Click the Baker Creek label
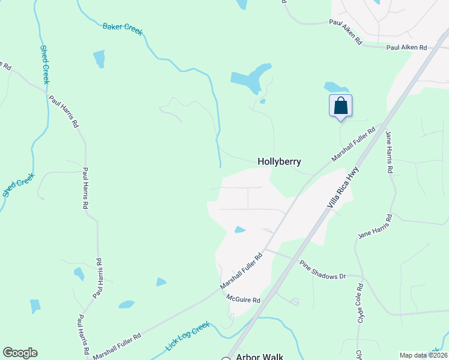tap(122, 29)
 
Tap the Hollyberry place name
tap(279, 161)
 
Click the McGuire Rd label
tap(243, 298)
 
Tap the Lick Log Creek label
tap(187, 337)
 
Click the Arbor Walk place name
tap(259, 356)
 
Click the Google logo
tap(20, 353)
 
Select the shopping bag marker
tap(340, 106)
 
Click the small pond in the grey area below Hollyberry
tap(240, 230)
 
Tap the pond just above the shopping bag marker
tap(333, 88)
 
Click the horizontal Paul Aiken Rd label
tap(406, 47)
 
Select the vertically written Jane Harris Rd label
tap(389, 152)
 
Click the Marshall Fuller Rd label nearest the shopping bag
tap(354, 143)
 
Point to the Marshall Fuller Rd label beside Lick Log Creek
tap(116, 343)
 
